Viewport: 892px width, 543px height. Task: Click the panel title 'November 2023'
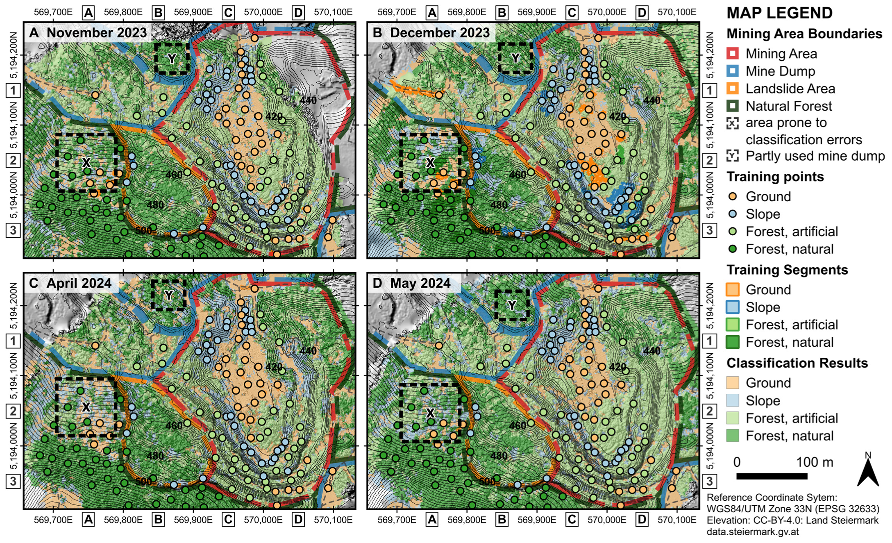click(x=96, y=33)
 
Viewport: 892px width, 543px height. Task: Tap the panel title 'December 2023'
click(x=440, y=33)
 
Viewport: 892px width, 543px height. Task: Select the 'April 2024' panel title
click(x=79, y=283)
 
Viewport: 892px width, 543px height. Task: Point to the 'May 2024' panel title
click(x=420, y=283)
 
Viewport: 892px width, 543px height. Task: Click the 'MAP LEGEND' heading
click(x=779, y=13)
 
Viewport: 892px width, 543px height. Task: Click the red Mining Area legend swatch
click(x=732, y=54)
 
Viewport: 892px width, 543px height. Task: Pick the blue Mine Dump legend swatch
click(x=732, y=71)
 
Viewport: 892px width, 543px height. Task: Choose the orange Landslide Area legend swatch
click(x=732, y=89)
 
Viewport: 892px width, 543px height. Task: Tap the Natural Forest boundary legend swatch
click(x=732, y=106)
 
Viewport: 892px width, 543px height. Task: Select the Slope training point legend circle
click(x=733, y=214)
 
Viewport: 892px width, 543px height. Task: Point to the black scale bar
click(x=772, y=476)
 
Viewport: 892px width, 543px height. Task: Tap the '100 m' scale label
click(x=815, y=462)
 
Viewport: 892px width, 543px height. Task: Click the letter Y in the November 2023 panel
click(x=172, y=59)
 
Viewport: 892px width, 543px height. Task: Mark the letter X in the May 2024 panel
click(x=430, y=412)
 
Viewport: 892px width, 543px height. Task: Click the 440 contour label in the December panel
click(x=651, y=100)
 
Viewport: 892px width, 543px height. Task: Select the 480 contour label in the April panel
click(x=155, y=455)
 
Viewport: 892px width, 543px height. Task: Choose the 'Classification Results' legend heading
click(x=797, y=363)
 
